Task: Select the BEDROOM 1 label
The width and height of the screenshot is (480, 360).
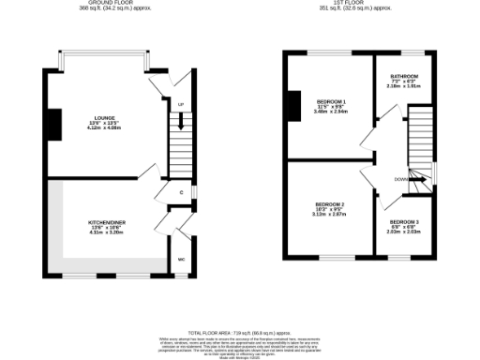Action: [330, 101]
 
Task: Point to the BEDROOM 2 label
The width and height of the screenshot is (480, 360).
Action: [330, 203]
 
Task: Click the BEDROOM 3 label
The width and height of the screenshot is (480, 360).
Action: [405, 221]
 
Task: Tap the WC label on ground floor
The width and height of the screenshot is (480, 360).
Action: [181, 258]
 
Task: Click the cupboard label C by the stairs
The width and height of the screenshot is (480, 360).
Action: [181, 192]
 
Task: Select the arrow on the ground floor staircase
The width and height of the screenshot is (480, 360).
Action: [181, 120]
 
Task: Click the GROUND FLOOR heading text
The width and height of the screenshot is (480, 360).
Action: [103, 4]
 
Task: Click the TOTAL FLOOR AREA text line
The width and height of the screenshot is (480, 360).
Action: [239, 333]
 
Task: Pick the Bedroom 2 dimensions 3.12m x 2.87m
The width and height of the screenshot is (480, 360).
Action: [330, 214]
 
